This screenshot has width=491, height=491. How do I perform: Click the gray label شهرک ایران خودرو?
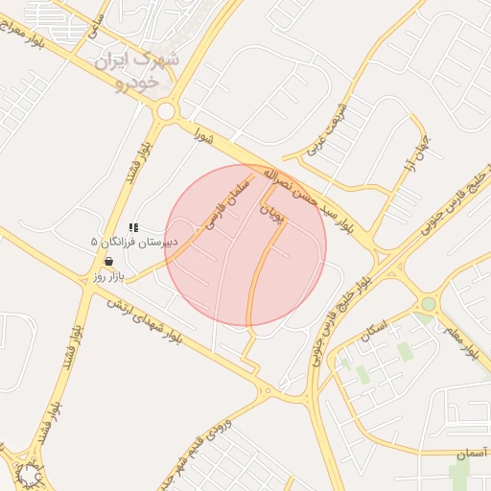pos(137,72)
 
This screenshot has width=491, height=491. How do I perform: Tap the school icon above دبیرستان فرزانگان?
pos(133,227)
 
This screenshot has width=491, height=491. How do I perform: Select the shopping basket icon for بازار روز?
pos(108,261)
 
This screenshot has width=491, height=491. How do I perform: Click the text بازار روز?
pos(108,276)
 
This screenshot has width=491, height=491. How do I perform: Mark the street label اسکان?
pos(370,336)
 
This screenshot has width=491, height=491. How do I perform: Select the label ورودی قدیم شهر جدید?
pos(188,451)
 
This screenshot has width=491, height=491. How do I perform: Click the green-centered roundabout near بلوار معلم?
pos(428,304)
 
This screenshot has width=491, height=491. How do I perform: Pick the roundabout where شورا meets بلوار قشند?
pos(166,111)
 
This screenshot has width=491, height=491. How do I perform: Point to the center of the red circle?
pos(245,245)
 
